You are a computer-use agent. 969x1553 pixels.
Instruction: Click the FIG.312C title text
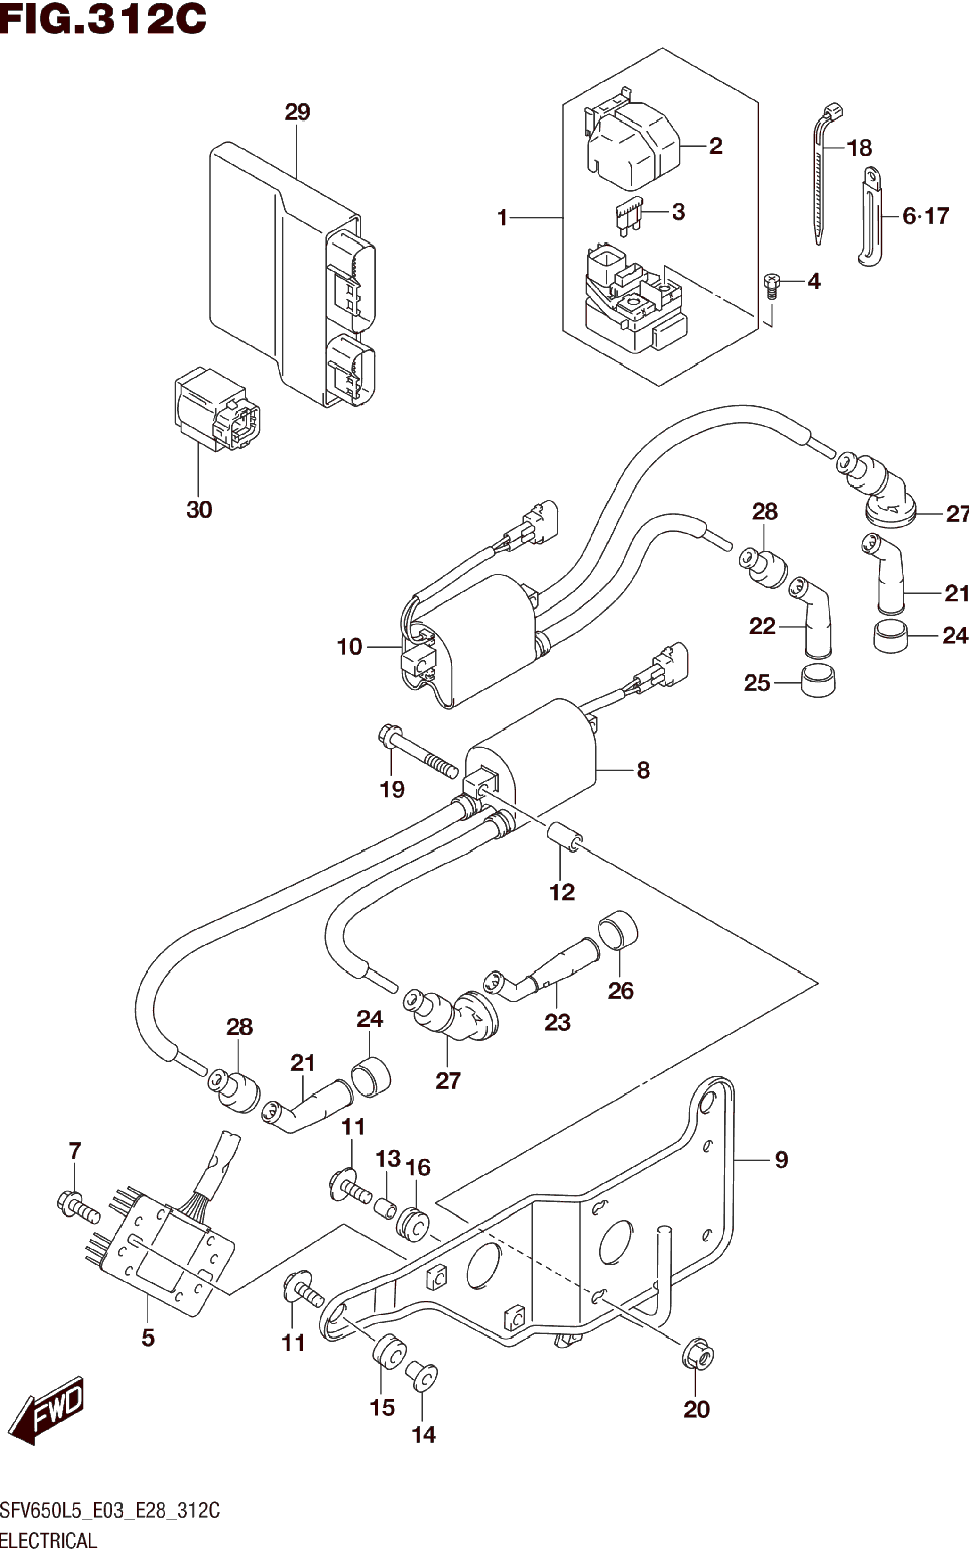[x=103, y=19]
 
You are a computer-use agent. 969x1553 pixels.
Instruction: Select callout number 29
[x=297, y=112]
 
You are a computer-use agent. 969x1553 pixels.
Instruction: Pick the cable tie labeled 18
[x=821, y=173]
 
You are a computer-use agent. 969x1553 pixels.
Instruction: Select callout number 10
[x=349, y=647]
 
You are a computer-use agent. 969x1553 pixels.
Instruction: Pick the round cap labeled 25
[x=818, y=682]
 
